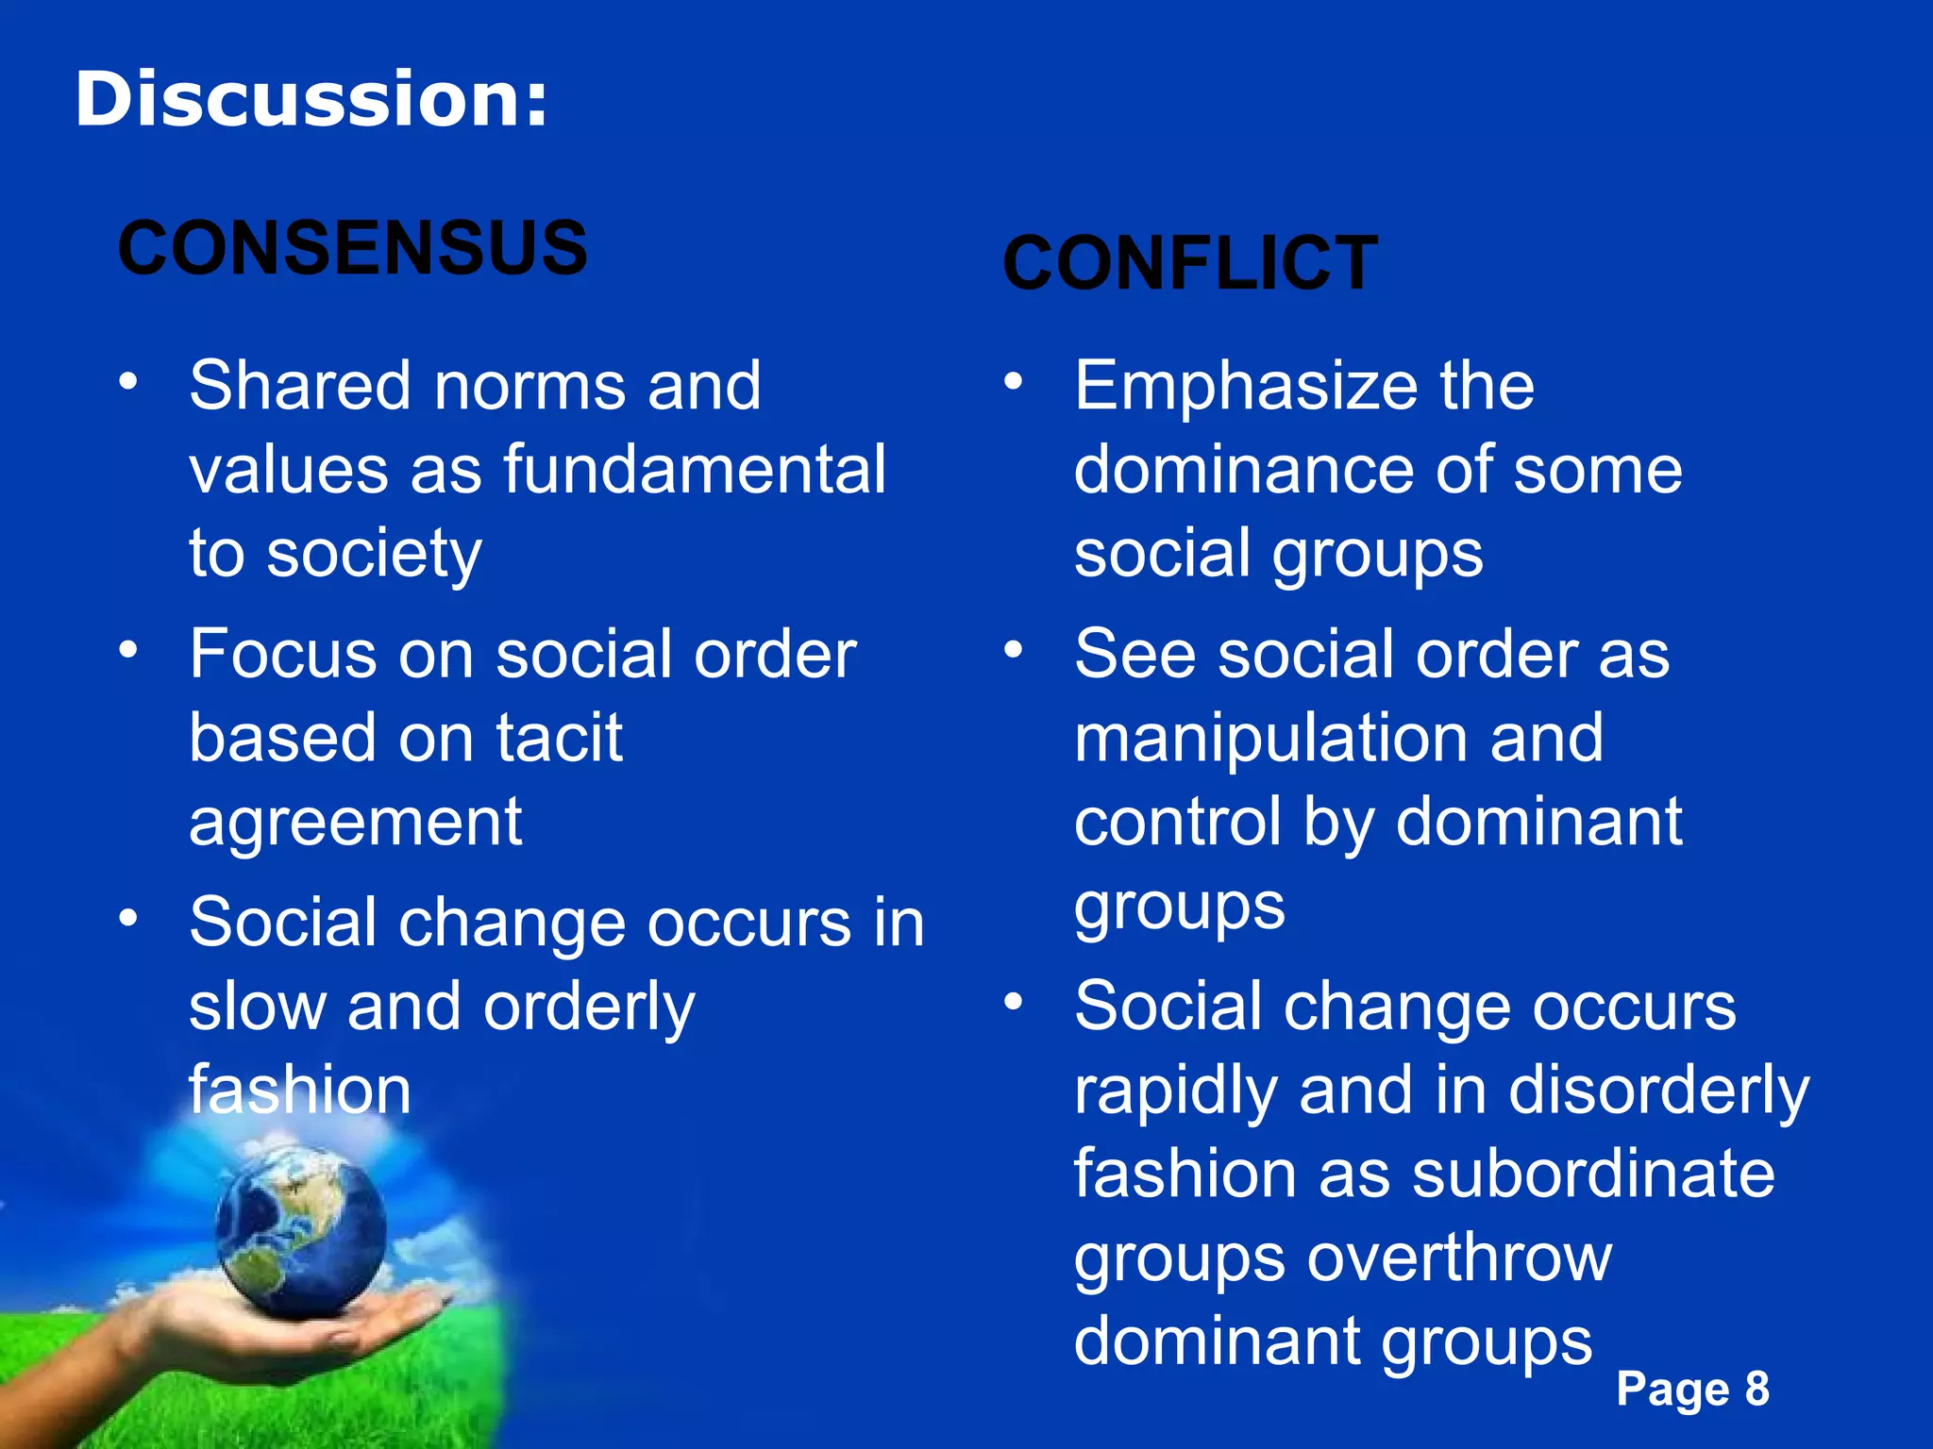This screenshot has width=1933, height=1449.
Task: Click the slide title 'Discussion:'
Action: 311,100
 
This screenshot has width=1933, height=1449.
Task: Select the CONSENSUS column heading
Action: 352,248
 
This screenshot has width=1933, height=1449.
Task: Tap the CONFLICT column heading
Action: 1190,263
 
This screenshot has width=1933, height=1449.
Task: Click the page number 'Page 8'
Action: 1692,1389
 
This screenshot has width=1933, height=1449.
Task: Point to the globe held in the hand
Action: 300,1227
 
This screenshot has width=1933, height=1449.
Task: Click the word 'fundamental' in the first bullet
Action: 695,469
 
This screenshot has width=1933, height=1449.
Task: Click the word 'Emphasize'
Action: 1245,387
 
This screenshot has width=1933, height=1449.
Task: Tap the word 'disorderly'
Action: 1658,1091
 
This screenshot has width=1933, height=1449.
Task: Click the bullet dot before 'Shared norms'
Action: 128,382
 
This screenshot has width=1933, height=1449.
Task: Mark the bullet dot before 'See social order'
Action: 1013,649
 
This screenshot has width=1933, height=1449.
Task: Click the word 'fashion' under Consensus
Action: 300,1090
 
